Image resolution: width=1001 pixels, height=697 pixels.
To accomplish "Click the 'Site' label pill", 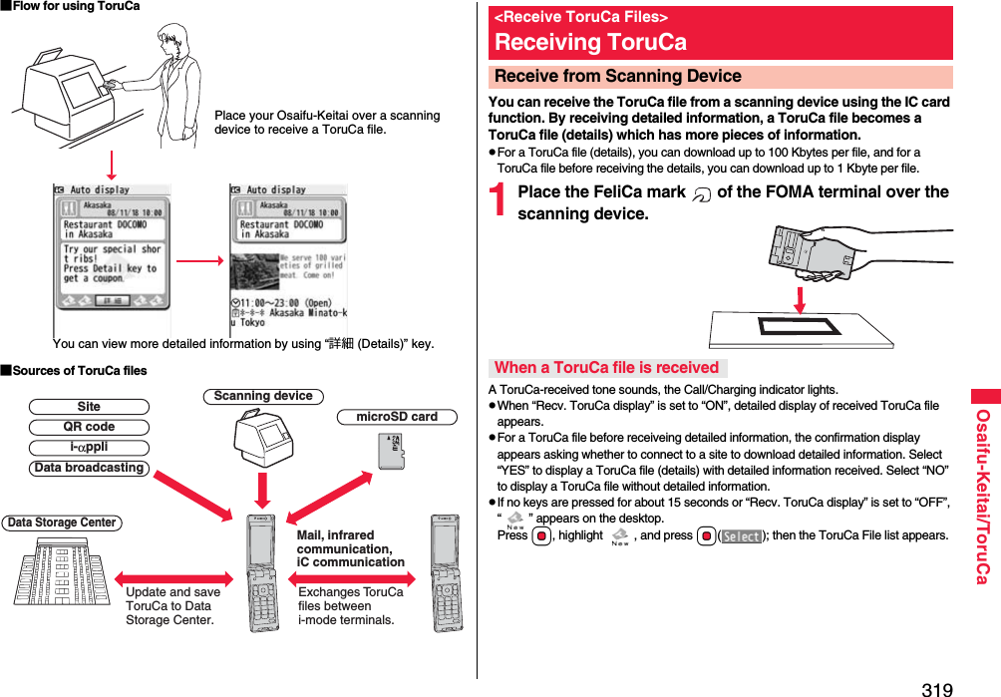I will click(x=89, y=407).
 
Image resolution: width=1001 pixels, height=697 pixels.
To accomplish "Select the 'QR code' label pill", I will click(x=89, y=427).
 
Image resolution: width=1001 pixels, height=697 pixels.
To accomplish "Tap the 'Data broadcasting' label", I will click(x=89, y=468).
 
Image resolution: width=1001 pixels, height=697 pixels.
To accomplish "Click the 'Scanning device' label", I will click(x=263, y=396).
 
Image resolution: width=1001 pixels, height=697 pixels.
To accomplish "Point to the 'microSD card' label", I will click(x=397, y=417).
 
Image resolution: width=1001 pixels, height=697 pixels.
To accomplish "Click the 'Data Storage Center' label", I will click(x=62, y=523).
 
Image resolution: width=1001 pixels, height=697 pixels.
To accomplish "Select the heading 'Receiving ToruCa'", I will click(x=591, y=42).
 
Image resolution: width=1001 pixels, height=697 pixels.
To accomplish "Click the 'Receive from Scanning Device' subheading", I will click(x=618, y=77).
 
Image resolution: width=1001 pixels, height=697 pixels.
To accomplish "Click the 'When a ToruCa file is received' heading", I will click(x=607, y=367).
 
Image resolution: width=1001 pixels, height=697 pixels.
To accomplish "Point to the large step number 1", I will click(x=501, y=202).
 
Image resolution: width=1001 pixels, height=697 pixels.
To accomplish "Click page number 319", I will click(x=936, y=688).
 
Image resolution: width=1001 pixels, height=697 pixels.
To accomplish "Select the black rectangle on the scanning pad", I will click(x=801, y=326).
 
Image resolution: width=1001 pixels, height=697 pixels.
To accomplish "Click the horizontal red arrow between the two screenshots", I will click(x=198, y=261).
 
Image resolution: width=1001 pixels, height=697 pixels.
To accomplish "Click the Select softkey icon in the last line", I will click(x=741, y=535).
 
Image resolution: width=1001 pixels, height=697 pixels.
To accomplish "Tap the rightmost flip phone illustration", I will click(x=448, y=572).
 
